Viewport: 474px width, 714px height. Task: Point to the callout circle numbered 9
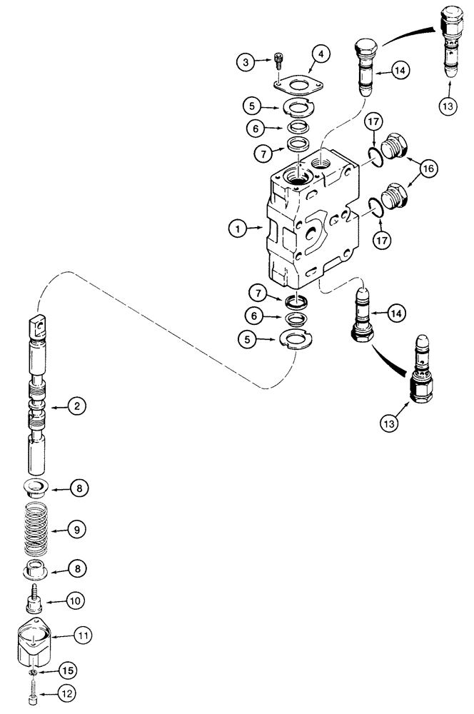coord(77,530)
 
